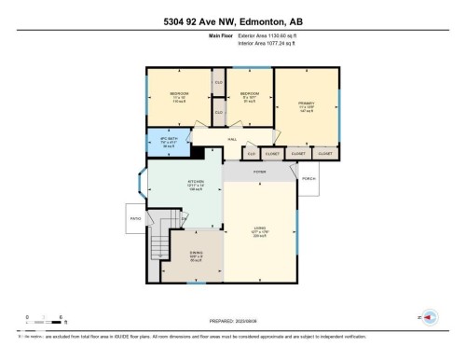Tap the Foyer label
258,173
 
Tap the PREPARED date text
232,318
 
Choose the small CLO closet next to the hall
250,152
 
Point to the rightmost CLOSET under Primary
325,152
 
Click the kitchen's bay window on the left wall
140,183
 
